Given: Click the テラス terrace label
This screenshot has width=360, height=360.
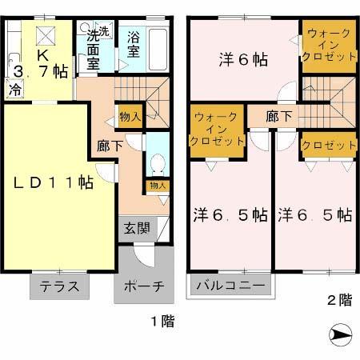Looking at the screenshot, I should pyautogui.click(x=60, y=286).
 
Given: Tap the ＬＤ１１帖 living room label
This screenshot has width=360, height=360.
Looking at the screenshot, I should pyautogui.click(x=52, y=184).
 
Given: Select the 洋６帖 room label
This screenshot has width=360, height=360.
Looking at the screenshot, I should pyautogui.click(x=244, y=59).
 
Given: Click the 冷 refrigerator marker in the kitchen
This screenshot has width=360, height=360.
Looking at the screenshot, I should pyautogui.click(x=14, y=90).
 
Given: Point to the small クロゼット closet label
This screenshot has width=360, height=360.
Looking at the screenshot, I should pyautogui.click(x=328, y=145).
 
